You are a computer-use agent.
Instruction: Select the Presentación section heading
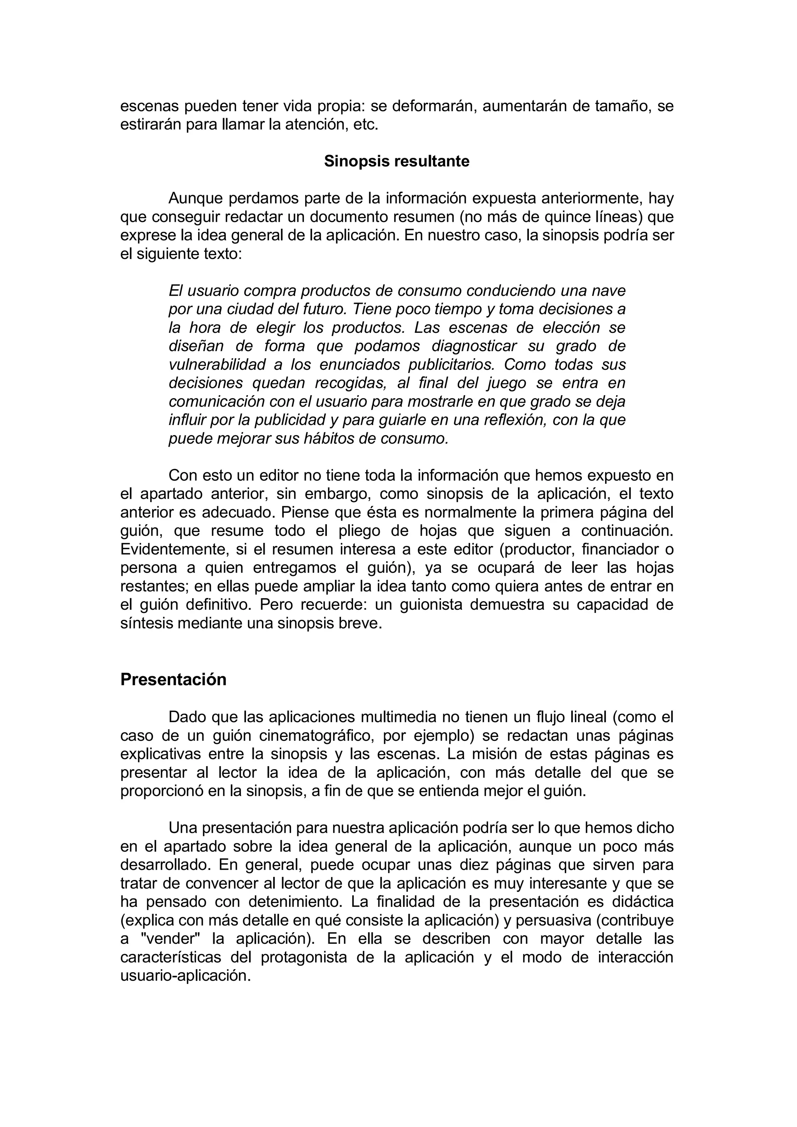point(173,679)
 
